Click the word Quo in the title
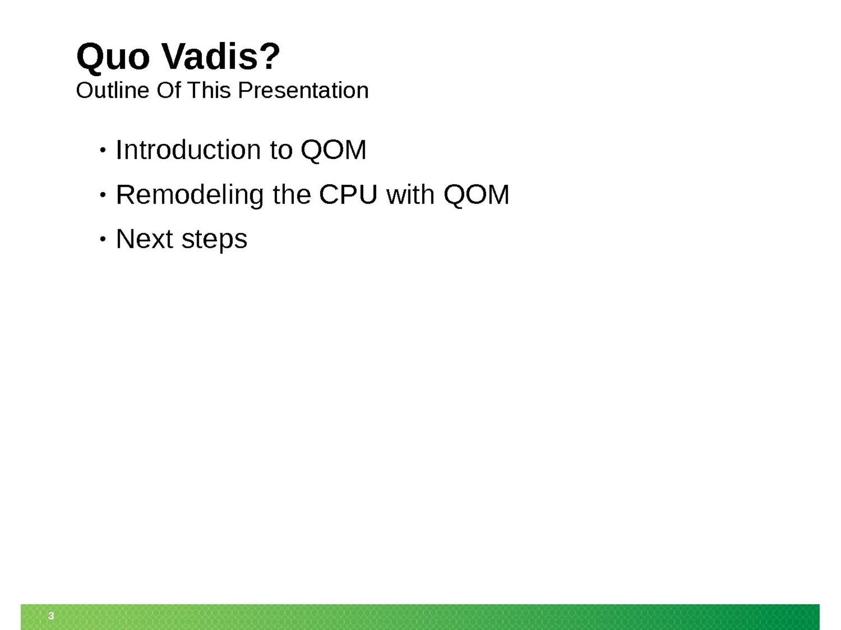click(112, 57)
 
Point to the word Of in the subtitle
click(168, 91)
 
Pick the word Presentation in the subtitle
click(303, 91)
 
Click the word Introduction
click(188, 150)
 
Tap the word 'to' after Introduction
click(281, 150)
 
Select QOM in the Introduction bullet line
click(333, 150)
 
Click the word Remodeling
click(190, 195)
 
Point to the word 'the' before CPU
click(292, 195)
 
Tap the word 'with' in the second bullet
click(411, 195)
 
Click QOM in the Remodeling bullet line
click(476, 195)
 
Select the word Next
click(144, 239)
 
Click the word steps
click(214, 240)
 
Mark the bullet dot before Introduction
click(102, 150)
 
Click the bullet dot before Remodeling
click(102, 195)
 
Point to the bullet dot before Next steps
click(102, 239)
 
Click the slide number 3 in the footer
click(51, 616)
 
